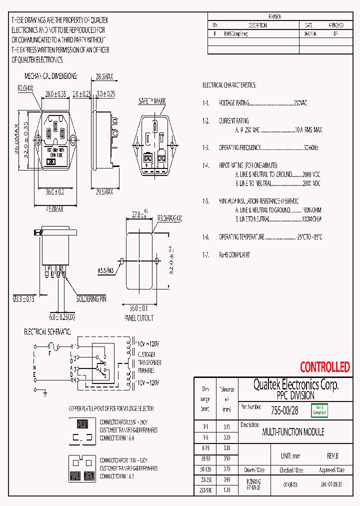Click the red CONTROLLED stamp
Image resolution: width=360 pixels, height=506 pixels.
(x=324, y=367)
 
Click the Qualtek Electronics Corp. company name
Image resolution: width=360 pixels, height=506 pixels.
(x=295, y=384)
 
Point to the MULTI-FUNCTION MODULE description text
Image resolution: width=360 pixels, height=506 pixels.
(x=293, y=432)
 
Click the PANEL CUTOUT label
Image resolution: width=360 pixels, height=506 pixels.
(x=138, y=317)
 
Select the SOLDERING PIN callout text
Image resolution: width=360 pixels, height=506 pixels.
(x=91, y=299)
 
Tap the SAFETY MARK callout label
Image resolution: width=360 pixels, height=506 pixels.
(x=152, y=101)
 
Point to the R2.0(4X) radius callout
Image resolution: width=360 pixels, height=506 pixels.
(x=25, y=87)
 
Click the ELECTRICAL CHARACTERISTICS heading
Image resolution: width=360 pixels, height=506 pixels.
(x=229, y=85)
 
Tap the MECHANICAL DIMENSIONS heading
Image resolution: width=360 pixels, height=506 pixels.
(x=51, y=76)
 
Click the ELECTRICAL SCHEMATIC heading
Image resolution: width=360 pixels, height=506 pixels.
(x=47, y=332)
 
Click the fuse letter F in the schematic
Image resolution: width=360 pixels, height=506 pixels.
(x=49, y=352)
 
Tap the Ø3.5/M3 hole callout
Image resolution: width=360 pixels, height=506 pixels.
(x=105, y=271)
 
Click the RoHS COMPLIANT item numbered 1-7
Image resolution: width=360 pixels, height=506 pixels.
(x=234, y=255)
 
